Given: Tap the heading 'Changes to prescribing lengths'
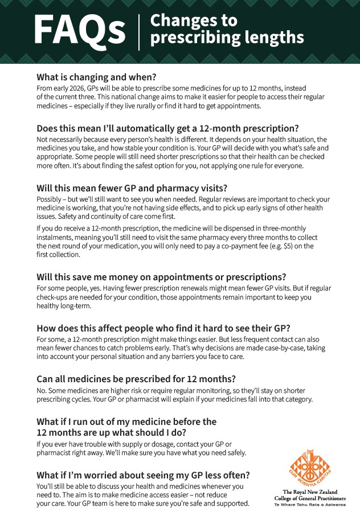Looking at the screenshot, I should [226, 29].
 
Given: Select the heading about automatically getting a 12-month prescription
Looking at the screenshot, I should [167, 128].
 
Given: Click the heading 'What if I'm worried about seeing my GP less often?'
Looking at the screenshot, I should [143, 475].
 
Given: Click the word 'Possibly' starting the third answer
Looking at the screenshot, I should [50, 199].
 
